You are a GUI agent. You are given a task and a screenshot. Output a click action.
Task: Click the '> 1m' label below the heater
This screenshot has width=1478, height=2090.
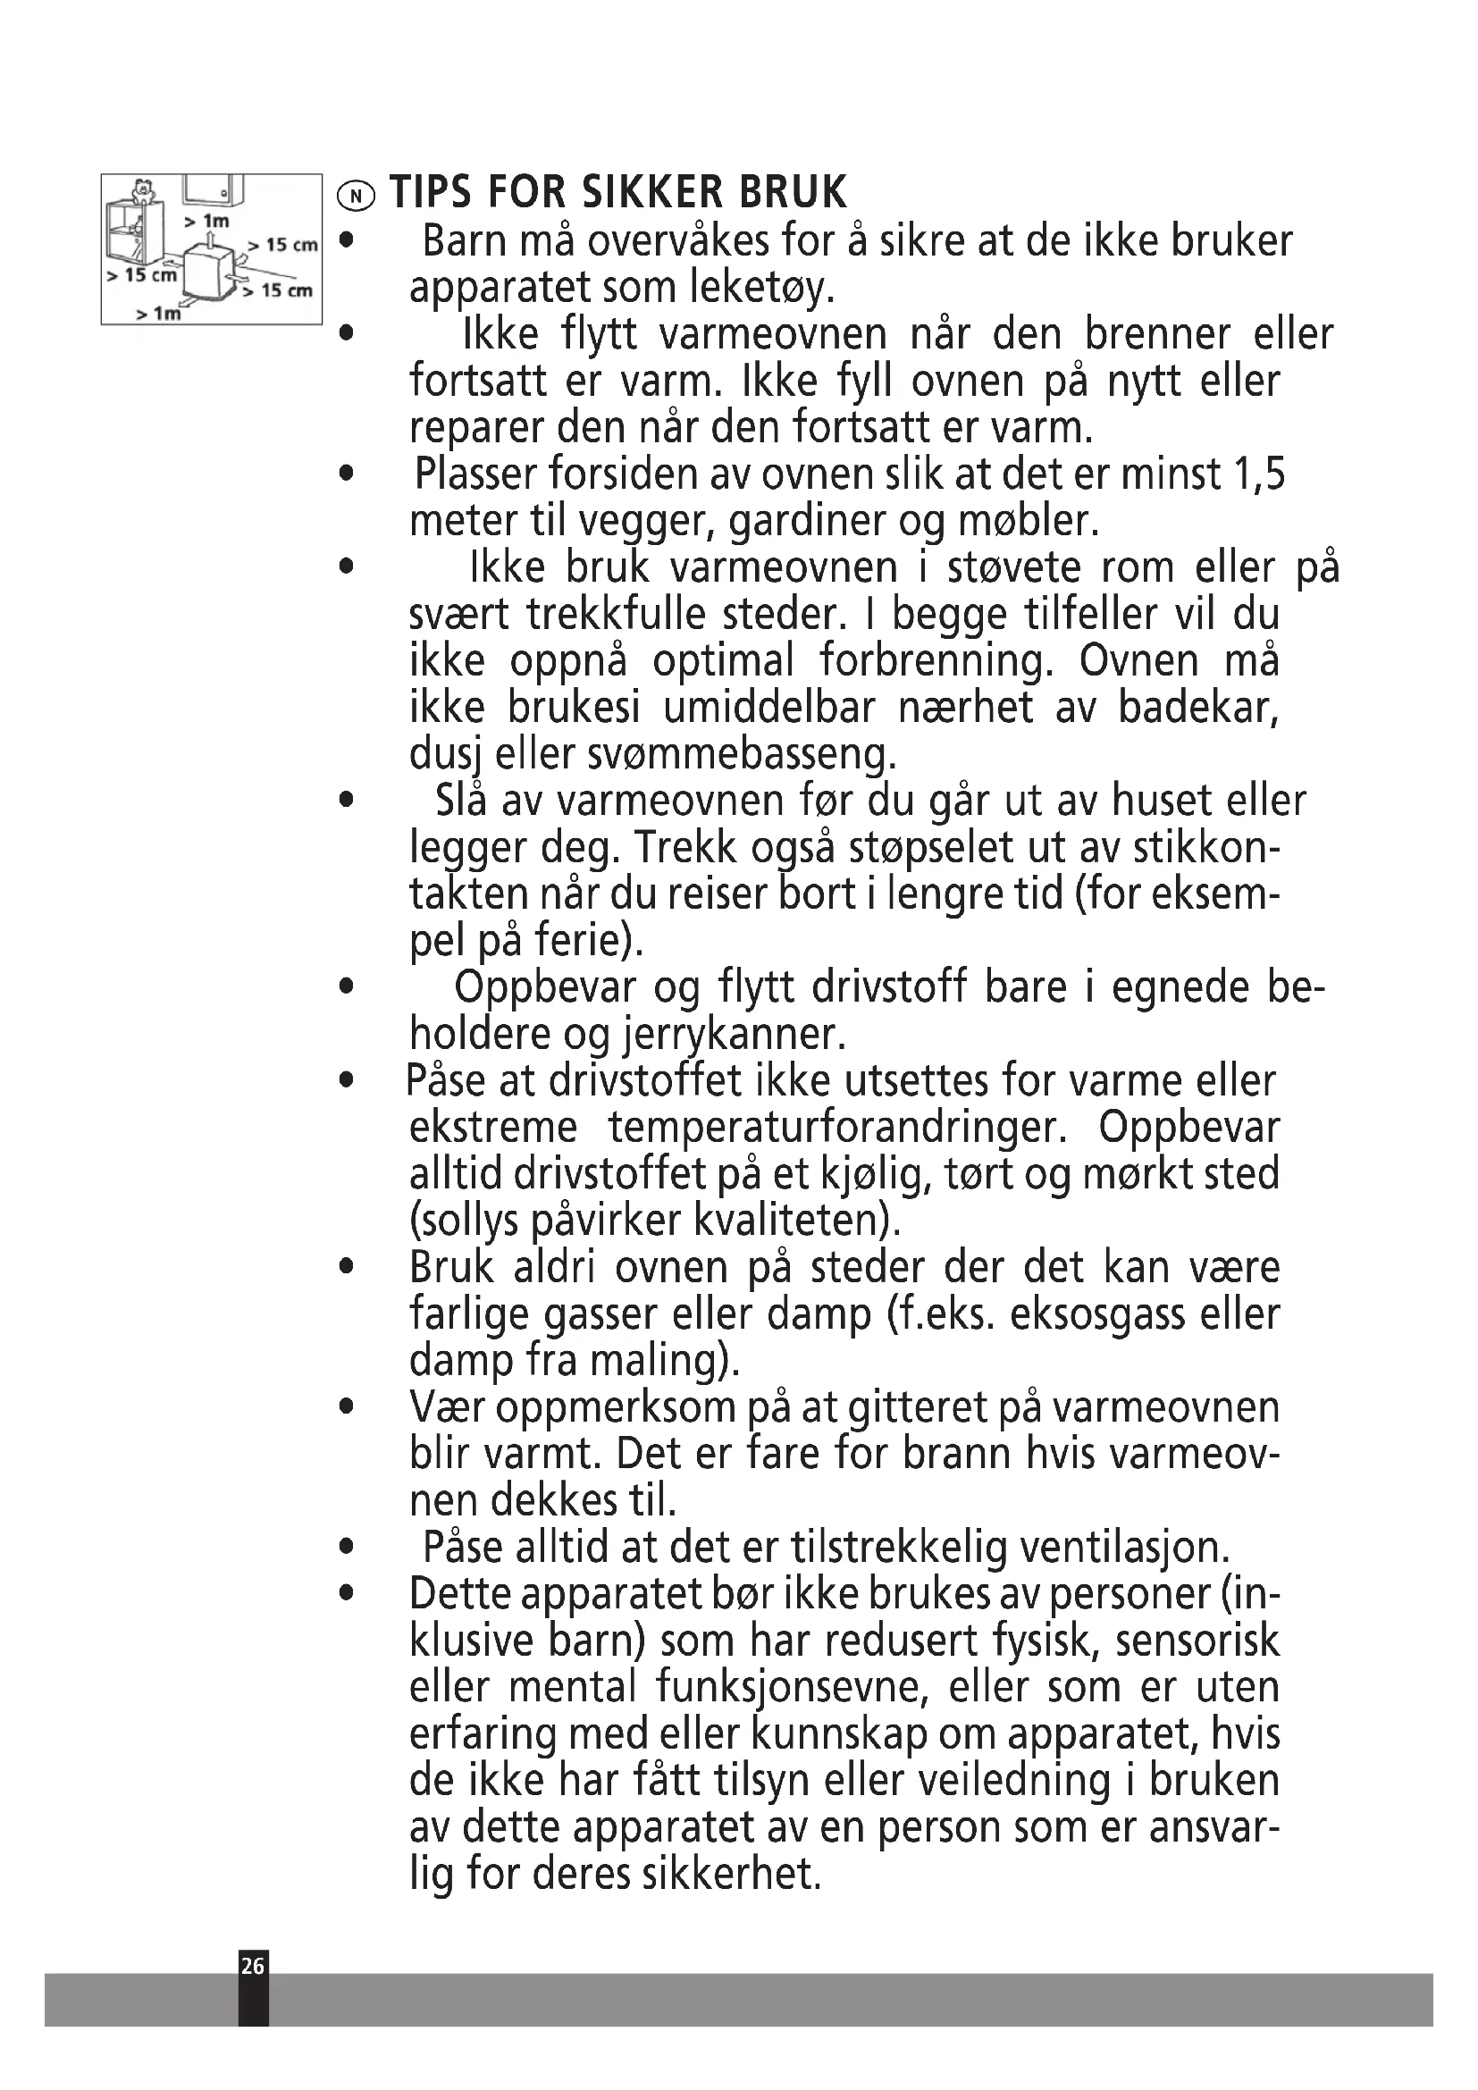click(x=158, y=313)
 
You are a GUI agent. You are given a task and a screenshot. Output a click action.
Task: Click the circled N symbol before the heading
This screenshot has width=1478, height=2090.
click(x=356, y=195)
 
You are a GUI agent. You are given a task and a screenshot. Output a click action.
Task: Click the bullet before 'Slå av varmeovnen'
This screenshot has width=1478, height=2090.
click(x=345, y=801)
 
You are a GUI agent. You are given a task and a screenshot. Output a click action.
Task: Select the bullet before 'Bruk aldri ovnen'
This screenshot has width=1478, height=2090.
click(x=345, y=1267)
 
